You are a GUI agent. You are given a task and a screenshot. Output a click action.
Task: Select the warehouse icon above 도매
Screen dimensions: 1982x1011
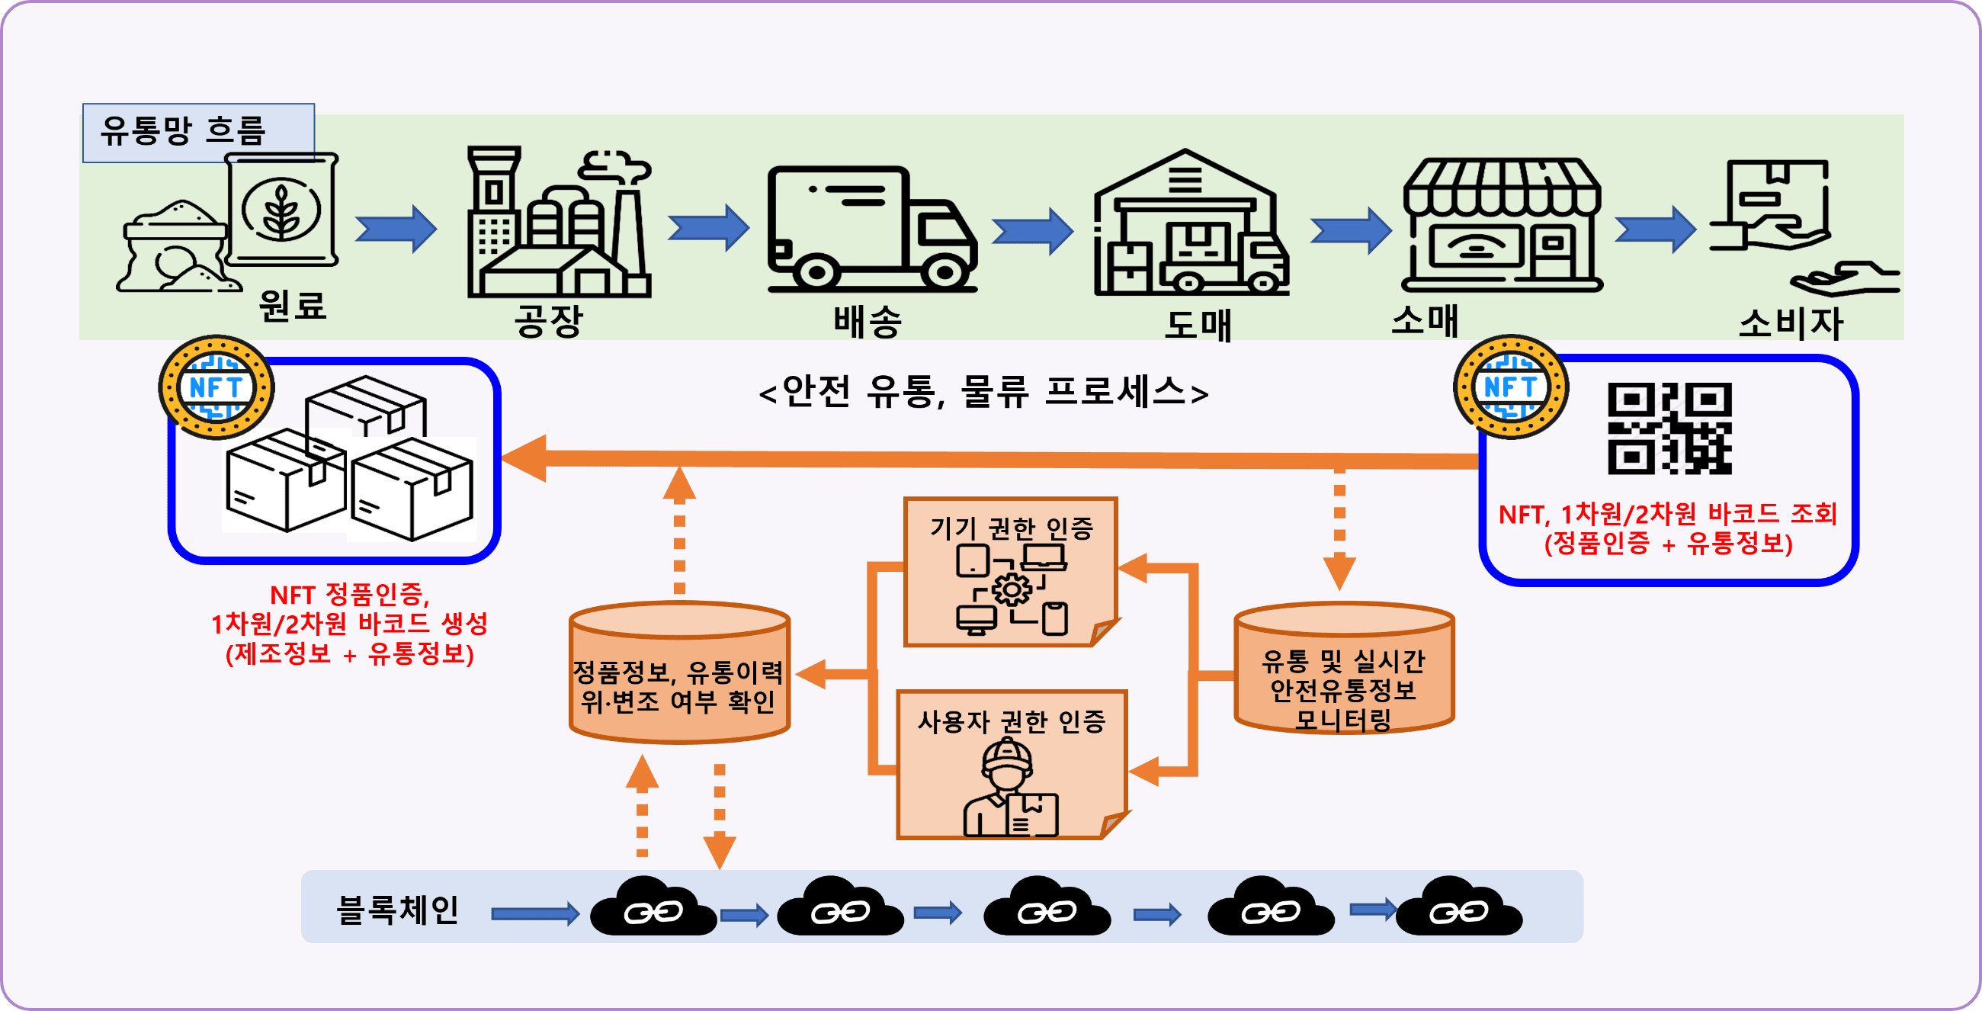(1191, 223)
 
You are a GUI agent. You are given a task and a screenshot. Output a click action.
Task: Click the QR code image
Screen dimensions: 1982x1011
(1669, 428)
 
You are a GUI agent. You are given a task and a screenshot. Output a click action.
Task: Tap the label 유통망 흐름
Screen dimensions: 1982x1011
(183, 131)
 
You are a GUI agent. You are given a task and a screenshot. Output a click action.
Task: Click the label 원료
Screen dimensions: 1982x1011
(293, 306)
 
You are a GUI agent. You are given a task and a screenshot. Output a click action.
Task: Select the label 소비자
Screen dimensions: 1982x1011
(1791, 323)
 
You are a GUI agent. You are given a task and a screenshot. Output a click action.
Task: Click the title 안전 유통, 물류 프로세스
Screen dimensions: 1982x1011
(983, 392)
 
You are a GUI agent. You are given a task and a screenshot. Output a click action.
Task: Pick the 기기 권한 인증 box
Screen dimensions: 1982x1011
(1011, 572)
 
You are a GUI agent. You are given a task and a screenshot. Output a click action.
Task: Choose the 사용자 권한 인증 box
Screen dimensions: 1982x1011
(1012, 764)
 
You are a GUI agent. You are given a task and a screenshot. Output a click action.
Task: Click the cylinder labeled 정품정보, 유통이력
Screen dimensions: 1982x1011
(679, 672)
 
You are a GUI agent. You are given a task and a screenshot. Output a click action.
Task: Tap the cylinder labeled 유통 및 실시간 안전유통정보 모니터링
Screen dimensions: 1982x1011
(1343, 668)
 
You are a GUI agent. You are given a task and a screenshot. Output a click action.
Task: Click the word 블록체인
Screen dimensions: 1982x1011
(398, 910)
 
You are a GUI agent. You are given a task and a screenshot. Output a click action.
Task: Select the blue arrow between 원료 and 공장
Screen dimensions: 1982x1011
(396, 229)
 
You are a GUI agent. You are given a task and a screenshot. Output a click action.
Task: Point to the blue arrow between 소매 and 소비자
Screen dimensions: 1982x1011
(1655, 229)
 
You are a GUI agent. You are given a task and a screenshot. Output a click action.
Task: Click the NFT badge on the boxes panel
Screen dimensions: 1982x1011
(216, 387)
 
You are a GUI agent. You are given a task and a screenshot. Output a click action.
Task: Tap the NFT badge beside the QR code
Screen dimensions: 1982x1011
(1511, 387)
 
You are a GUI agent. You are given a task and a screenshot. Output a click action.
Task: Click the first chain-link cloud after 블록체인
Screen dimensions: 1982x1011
(653, 906)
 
